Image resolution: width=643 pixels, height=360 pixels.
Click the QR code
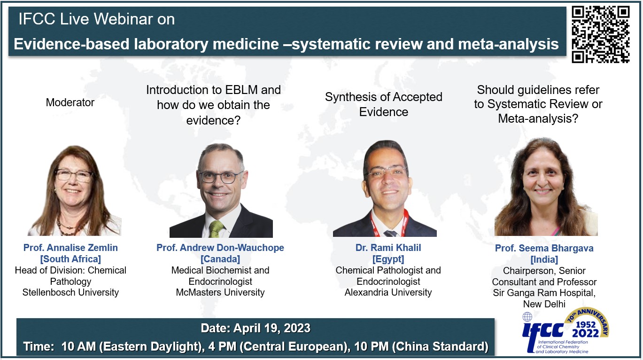[601, 34]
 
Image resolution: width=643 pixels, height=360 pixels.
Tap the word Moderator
[70, 102]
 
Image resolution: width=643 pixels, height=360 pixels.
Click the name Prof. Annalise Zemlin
[70, 248]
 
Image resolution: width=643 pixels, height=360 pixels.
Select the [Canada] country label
[220, 259]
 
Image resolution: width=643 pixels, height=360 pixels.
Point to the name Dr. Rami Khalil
[388, 248]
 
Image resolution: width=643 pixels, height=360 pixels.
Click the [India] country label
[544, 260]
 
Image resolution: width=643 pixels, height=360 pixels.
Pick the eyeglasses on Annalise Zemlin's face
[74, 176]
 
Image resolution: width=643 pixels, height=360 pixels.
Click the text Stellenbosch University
[70, 292]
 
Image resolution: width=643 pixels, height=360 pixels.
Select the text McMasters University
[220, 292]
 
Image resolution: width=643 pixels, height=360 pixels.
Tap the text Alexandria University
[388, 292]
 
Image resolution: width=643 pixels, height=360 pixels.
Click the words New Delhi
[544, 304]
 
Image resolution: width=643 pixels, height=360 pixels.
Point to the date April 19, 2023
[272, 328]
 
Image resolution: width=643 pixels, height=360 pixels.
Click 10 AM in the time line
[78, 346]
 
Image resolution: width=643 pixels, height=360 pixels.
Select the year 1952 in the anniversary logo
[586, 325]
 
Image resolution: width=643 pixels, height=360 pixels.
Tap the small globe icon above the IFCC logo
[527, 317]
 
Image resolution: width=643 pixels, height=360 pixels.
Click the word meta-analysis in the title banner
[508, 44]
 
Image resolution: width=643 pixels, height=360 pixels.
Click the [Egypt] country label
[388, 259]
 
